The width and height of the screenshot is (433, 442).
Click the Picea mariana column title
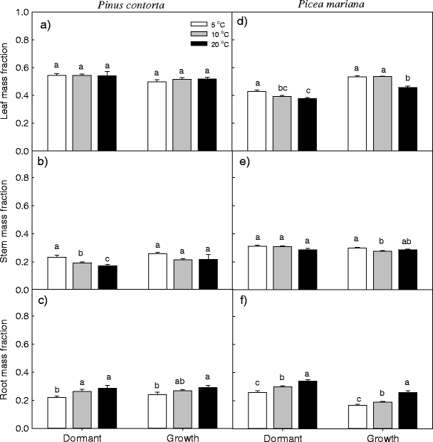click(332, 5)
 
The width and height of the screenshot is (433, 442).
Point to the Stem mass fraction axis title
click(6, 221)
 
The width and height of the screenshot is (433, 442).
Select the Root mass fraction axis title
click(6, 359)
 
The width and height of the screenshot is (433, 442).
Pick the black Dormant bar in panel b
click(107, 278)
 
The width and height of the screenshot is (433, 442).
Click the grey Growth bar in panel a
click(182, 115)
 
